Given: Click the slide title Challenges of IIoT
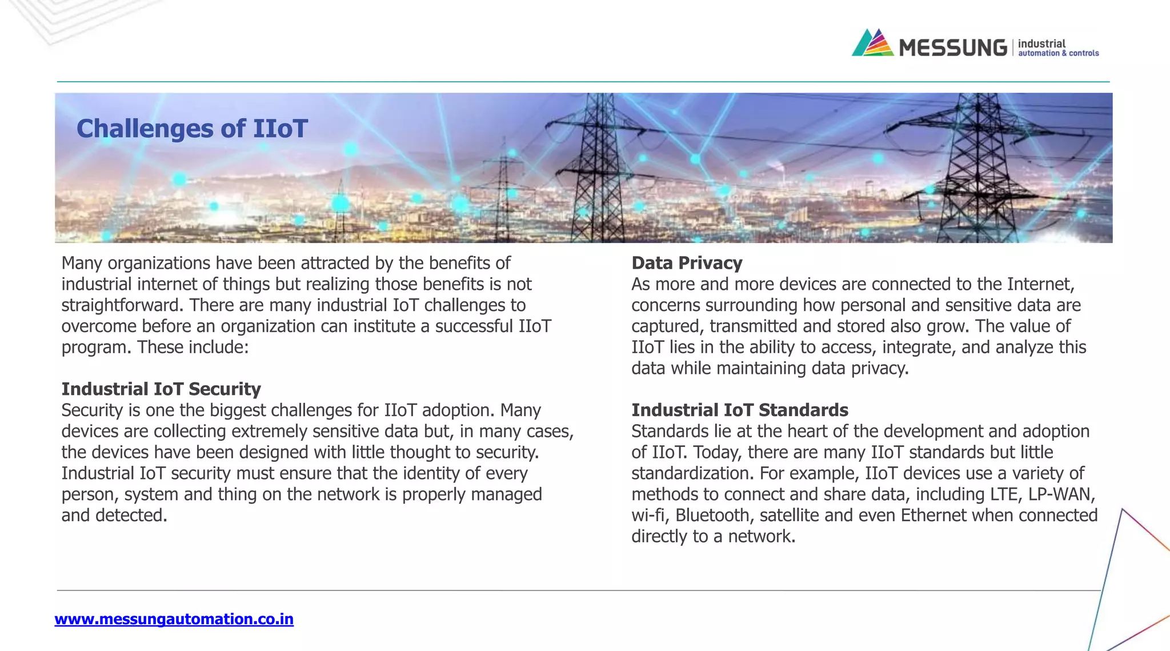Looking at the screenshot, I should coord(192,129).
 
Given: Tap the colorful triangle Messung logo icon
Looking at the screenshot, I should coord(872,43).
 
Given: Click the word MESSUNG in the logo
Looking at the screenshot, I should coord(952,47).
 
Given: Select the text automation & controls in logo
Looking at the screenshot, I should coord(1058,53).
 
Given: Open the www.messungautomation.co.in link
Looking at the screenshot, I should coord(174,619).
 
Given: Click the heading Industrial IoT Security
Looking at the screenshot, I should coord(161,389).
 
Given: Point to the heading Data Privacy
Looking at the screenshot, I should coord(687,263).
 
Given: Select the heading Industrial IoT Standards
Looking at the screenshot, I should coord(739,410).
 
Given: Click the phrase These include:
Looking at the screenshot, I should coord(193,348).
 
